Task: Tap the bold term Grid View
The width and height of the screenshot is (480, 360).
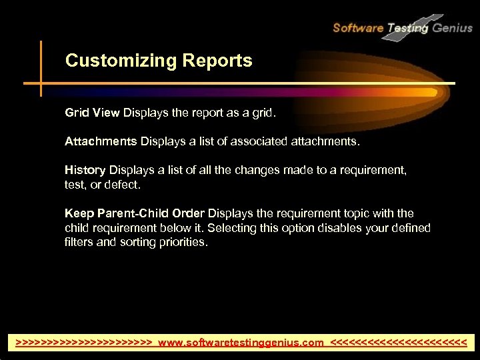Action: [92, 113]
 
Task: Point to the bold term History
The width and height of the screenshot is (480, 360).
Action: [85, 171]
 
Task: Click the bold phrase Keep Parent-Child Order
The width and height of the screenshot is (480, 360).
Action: [135, 213]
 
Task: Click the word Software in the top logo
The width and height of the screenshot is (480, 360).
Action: [357, 28]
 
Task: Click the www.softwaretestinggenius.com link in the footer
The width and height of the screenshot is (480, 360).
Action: [241, 343]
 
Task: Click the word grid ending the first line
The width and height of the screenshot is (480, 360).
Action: [262, 113]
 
